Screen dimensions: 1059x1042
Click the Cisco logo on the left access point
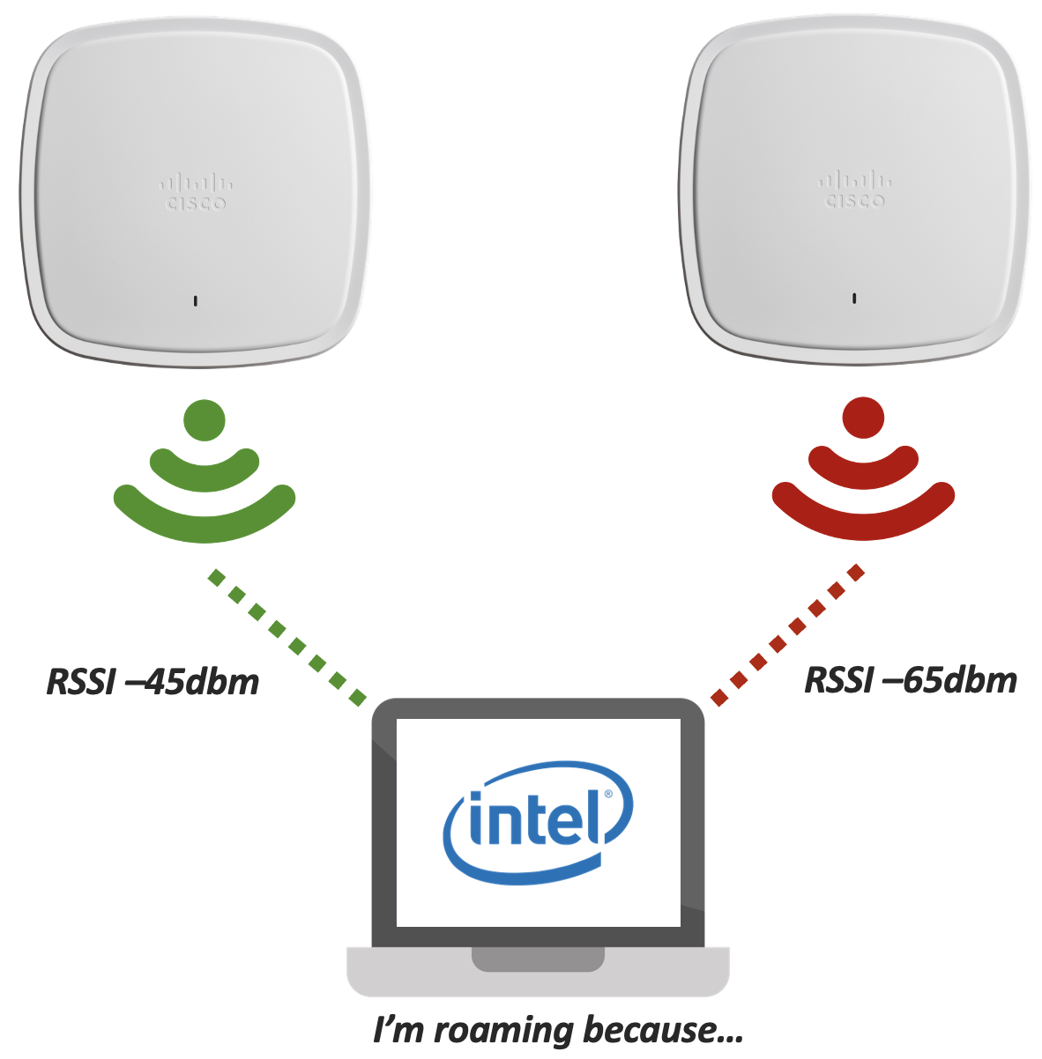[196, 193]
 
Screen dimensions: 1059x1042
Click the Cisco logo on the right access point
[855, 190]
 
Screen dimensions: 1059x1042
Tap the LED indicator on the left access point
[196, 301]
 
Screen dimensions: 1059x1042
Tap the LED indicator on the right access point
[854, 299]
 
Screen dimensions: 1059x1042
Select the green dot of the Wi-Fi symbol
[205, 420]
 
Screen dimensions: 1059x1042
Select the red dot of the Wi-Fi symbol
[863, 418]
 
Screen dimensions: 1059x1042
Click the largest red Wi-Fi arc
[863, 519]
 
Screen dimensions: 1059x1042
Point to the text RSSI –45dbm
[153, 682]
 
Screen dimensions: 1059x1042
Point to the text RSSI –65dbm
[911, 680]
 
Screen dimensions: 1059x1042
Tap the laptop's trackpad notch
[538, 959]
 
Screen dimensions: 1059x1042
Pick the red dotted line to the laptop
[788, 635]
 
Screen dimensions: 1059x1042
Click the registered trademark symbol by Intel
[607, 795]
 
